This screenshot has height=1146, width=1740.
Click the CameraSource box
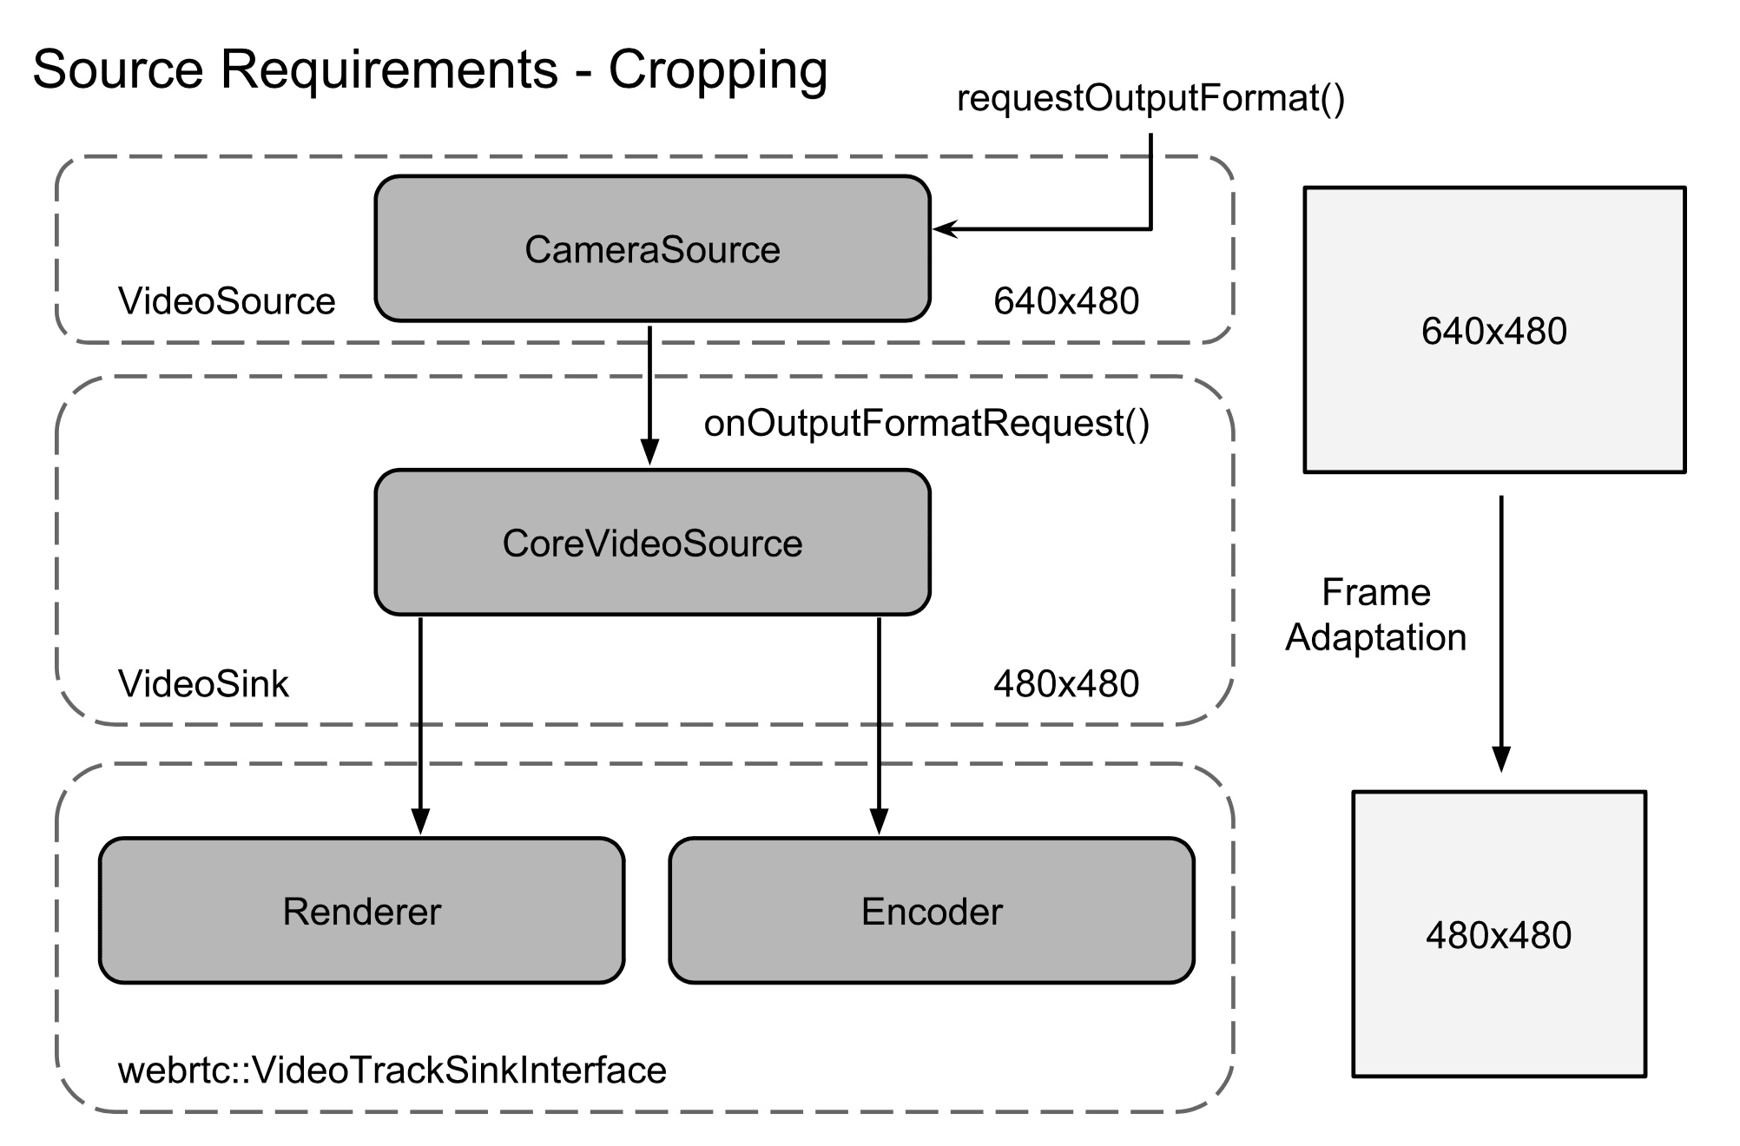click(652, 249)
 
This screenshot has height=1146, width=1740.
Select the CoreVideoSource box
click(652, 543)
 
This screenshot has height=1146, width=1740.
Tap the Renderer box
click(361, 911)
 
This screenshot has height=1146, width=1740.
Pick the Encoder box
click(932, 911)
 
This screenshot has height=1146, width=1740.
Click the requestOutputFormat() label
click(1150, 98)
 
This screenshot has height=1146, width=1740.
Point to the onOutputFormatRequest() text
click(926, 423)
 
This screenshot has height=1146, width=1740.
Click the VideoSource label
click(227, 301)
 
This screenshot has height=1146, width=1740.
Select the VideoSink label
click(203, 684)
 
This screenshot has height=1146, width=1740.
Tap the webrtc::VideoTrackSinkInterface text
click(392, 1070)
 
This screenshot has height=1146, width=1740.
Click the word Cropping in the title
click(717, 69)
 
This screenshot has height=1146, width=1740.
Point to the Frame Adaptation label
click(1375, 615)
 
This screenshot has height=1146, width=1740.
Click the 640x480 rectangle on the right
click(1494, 330)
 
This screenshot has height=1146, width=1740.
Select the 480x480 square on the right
click(1499, 934)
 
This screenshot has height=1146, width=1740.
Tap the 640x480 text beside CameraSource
click(1066, 301)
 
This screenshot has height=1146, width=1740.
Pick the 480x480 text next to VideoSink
click(1066, 684)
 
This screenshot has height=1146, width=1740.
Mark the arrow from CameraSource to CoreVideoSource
click(649, 395)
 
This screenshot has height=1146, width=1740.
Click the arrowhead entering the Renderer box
click(420, 821)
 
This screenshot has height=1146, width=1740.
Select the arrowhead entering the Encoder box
click(879, 821)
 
